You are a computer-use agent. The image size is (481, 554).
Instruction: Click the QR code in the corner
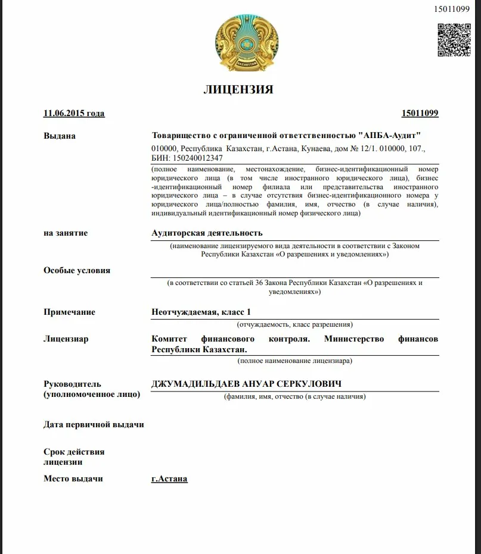455,40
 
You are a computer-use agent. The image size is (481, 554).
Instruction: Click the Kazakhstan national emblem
241,42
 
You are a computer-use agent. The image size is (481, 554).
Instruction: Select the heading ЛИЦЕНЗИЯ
238,90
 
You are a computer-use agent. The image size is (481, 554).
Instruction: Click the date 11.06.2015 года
74,114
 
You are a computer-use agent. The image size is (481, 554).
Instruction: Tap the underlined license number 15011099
420,114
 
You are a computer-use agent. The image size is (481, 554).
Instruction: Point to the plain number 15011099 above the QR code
451,8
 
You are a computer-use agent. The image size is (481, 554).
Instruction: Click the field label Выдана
60,136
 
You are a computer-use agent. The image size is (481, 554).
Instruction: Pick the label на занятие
66,233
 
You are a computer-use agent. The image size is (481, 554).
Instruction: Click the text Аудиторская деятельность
207,233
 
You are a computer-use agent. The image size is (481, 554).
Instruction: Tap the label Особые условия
77,270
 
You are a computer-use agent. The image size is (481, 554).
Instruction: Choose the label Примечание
69,312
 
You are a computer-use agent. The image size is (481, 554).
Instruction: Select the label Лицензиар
66,339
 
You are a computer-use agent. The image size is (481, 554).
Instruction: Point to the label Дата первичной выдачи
94,424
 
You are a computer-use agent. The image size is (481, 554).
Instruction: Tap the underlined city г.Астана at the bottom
169,478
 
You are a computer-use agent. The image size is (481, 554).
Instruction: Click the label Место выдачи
73,478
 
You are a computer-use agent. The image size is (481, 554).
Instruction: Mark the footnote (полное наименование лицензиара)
294,361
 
